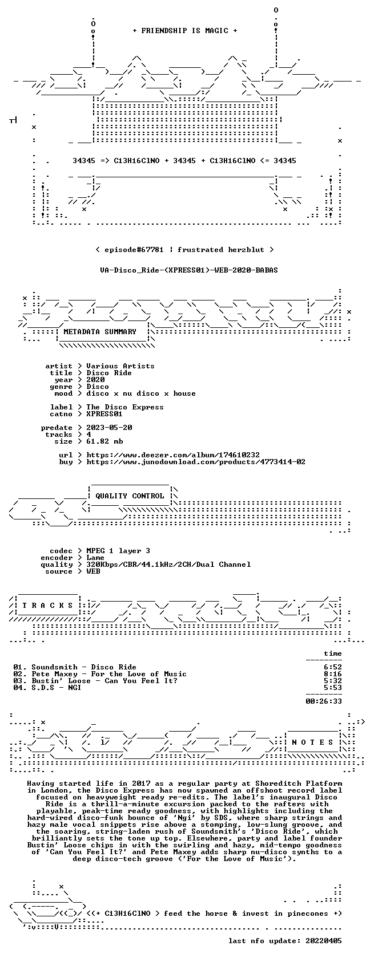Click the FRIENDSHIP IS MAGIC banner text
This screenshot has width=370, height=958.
click(x=185, y=31)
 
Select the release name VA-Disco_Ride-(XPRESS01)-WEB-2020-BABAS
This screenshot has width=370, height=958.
click(x=189, y=270)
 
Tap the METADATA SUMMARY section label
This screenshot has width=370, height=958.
click(x=100, y=332)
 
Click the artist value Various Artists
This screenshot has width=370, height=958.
click(x=120, y=366)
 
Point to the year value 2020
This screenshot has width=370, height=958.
click(x=95, y=380)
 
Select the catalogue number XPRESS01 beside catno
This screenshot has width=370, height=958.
click(x=104, y=414)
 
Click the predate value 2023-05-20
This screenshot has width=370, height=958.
click(x=109, y=428)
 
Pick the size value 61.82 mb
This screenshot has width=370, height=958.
click(x=104, y=441)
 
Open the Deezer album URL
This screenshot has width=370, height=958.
click(x=173, y=455)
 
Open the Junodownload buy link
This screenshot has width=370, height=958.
click(x=196, y=462)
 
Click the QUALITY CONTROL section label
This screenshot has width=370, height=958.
click(x=130, y=496)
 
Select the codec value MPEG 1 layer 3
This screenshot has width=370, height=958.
click(x=118, y=551)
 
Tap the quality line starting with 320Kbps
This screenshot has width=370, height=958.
click(x=168, y=565)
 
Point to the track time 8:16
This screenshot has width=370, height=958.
click(x=333, y=674)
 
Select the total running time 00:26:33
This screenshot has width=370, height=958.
click(x=324, y=701)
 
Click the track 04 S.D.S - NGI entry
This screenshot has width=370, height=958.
click(x=47, y=688)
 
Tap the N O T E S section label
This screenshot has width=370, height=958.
click(x=312, y=742)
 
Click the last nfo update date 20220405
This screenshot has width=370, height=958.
click(x=324, y=941)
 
